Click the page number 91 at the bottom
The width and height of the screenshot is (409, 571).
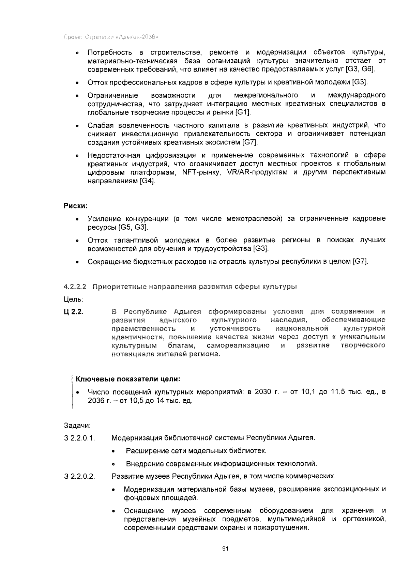pyautogui.click(x=225, y=549)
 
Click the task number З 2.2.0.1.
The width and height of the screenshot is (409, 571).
pyautogui.click(x=79, y=438)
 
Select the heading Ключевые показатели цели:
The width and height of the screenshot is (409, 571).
pyautogui.click(x=127, y=379)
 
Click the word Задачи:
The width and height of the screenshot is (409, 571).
pyautogui.click(x=77, y=426)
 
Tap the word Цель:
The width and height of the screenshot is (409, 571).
pyautogui.click(x=73, y=299)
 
